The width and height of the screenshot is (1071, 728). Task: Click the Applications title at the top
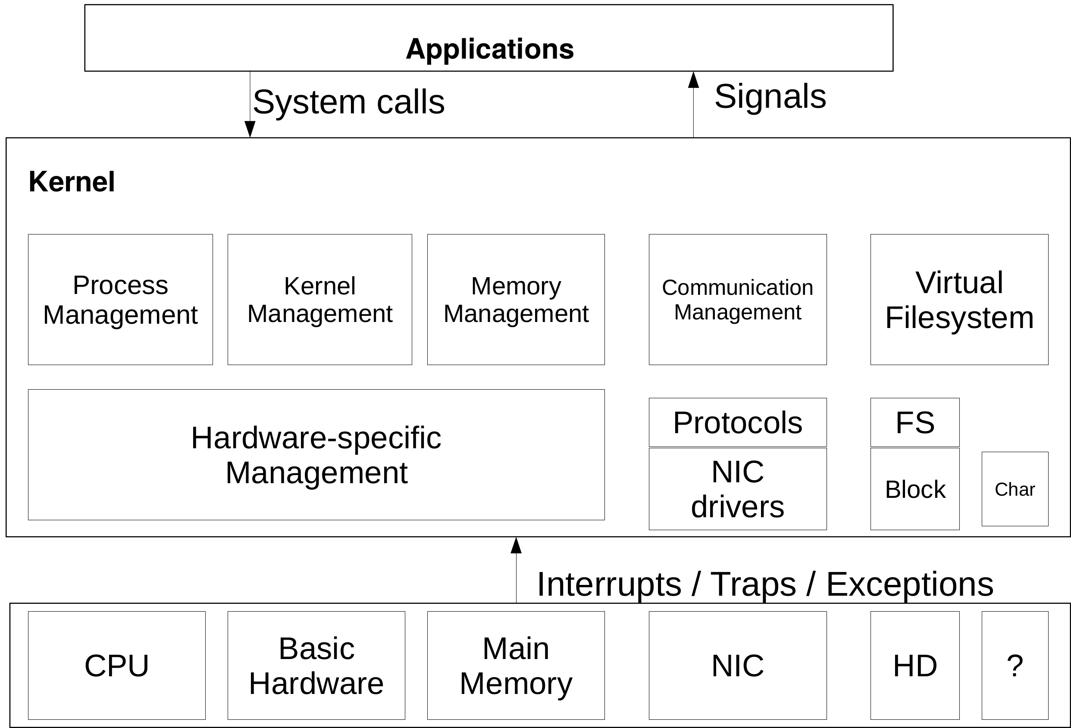(x=489, y=49)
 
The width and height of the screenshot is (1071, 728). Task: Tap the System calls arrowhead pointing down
(x=250, y=129)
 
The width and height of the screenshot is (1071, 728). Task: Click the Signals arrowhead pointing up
(x=693, y=80)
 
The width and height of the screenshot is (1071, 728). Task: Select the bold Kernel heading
(x=72, y=181)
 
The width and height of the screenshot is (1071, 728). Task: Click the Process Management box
(x=120, y=300)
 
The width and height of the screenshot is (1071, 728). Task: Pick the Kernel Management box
(x=320, y=300)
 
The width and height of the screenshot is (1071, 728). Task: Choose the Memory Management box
(x=516, y=300)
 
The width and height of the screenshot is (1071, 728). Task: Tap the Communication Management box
(x=737, y=300)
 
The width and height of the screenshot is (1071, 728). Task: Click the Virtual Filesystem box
(x=959, y=300)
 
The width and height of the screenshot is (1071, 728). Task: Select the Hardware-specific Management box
(x=316, y=455)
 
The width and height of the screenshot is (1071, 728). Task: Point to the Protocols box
(x=737, y=422)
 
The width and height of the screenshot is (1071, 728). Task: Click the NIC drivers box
(x=737, y=489)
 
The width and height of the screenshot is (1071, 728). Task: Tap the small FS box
(x=915, y=422)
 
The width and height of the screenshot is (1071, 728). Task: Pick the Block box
(x=915, y=489)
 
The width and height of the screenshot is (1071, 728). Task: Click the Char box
(x=1015, y=489)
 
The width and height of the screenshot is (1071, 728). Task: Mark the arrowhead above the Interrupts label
(x=516, y=546)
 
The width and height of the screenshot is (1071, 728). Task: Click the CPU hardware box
(x=116, y=666)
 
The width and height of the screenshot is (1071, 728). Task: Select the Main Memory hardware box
(x=516, y=666)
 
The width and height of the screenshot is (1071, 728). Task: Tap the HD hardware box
(x=915, y=666)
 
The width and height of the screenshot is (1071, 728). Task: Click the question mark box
(x=1015, y=666)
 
